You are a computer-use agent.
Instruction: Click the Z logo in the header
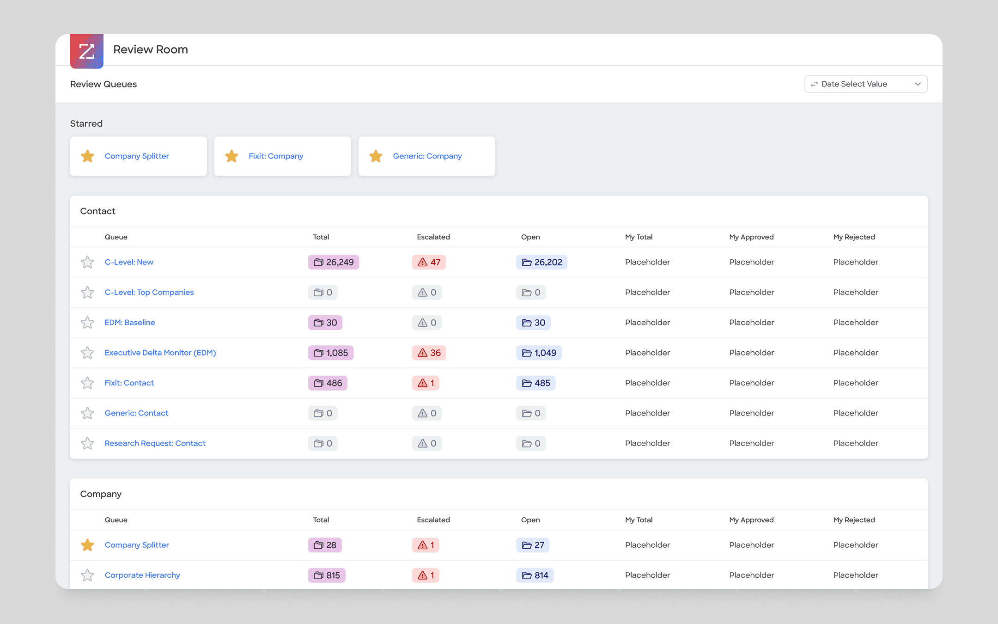pos(87,51)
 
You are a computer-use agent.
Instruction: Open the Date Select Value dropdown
pos(866,84)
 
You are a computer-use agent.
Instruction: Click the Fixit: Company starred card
pos(283,156)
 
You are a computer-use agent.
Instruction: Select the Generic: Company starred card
pos(427,156)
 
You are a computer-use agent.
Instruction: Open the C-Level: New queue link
pos(129,262)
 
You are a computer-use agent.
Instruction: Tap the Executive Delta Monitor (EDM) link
pos(160,353)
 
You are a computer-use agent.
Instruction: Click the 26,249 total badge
pos(334,262)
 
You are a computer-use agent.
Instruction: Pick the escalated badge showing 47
pos(429,262)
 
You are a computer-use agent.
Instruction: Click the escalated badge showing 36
pos(429,353)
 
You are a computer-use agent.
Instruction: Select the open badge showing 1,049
pos(539,353)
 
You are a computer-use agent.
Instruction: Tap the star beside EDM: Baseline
pos(87,323)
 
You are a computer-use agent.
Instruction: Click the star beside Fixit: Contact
pos(87,383)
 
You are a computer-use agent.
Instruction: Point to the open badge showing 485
pos(536,383)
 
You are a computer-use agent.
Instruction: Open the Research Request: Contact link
pos(155,443)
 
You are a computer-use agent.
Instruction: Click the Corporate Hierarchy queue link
pos(142,575)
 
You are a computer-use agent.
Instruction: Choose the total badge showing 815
pos(327,575)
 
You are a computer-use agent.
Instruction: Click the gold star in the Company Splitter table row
pos(87,545)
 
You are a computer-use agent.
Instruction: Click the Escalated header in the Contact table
pos(433,237)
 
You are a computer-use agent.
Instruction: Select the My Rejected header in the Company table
pos(854,520)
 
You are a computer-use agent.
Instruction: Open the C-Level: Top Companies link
pos(149,292)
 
